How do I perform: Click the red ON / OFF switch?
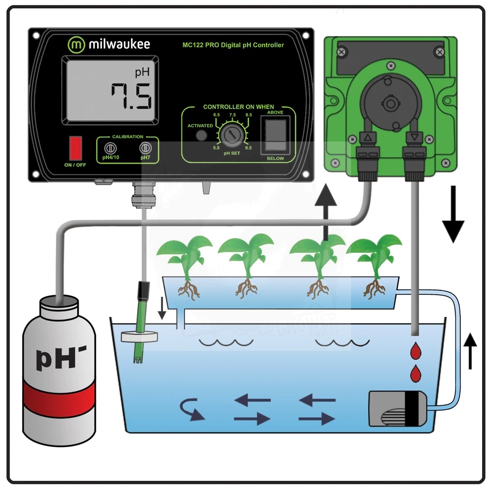75,147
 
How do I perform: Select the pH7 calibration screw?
145,148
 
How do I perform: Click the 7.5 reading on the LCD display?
130,97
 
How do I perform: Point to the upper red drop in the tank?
416,352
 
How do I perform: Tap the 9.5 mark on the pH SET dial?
247,147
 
